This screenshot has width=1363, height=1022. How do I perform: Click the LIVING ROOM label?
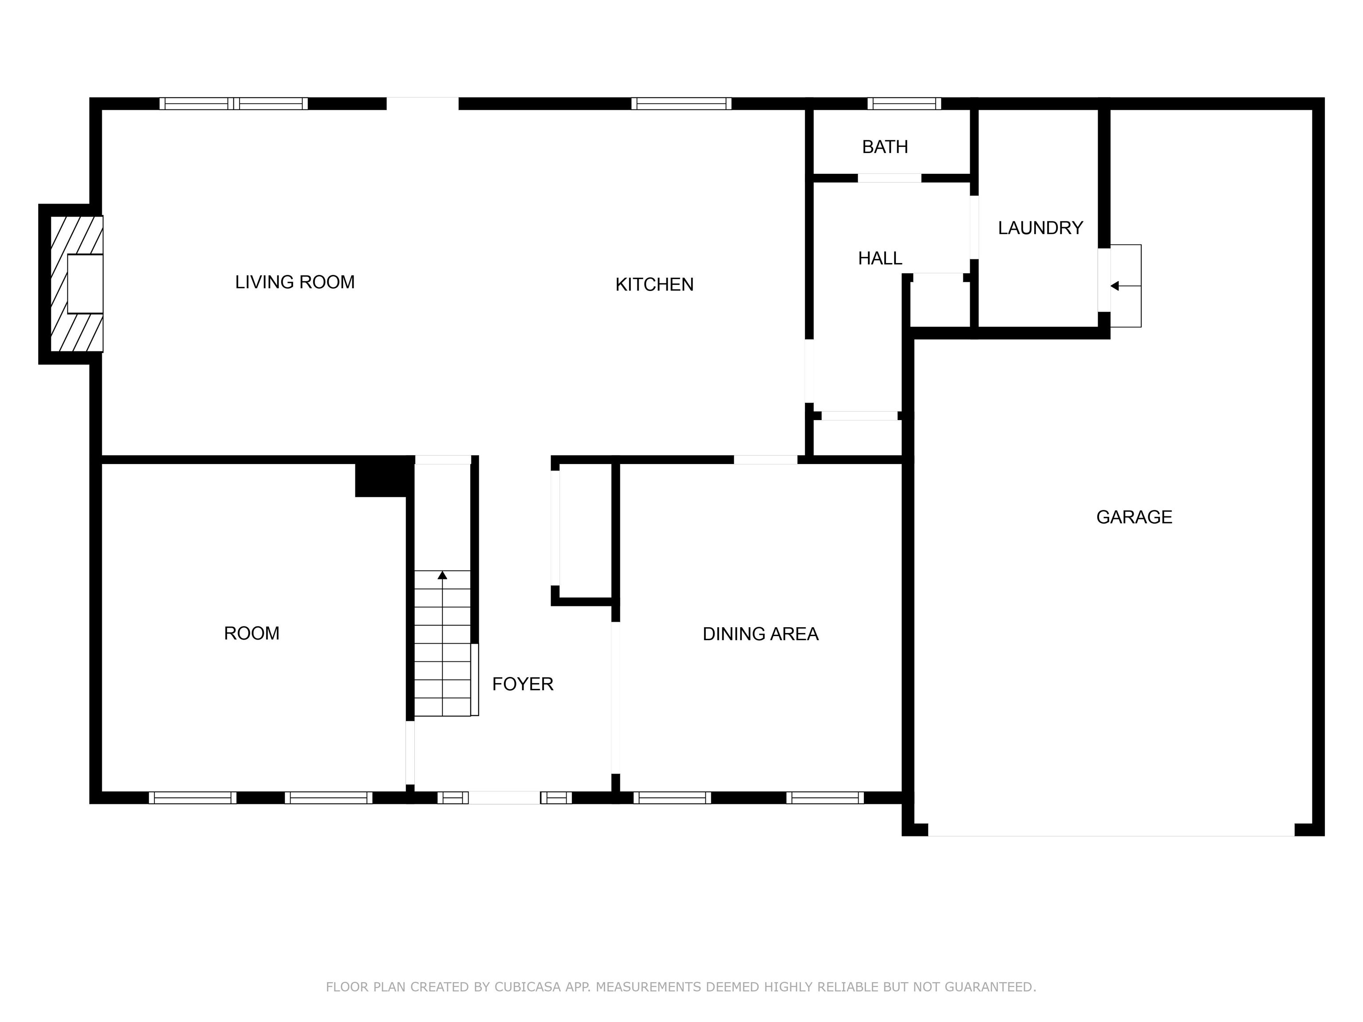coord(295,282)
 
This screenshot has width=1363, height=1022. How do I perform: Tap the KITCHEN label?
coord(654,285)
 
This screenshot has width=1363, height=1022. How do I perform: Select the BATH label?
coord(885,147)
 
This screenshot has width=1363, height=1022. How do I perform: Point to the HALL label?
coord(880,259)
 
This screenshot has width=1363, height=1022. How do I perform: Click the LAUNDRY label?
coord(1040,228)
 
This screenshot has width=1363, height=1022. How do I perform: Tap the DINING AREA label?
coord(760,634)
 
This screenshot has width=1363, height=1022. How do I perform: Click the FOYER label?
coord(523,684)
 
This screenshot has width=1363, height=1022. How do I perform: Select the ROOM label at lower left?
coord(252,633)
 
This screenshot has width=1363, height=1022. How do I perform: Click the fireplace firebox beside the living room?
coord(85,283)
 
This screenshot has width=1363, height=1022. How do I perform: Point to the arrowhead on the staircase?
coord(442,575)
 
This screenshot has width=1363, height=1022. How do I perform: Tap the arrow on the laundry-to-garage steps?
coord(1115,286)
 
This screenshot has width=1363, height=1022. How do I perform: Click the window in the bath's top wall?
coord(904,103)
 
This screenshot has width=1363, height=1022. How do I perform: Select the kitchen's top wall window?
coord(681,103)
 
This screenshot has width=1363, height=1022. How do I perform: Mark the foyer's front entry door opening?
coord(504,798)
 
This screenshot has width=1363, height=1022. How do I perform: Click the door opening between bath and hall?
coord(889,178)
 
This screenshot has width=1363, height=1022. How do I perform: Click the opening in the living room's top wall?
coord(422,103)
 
